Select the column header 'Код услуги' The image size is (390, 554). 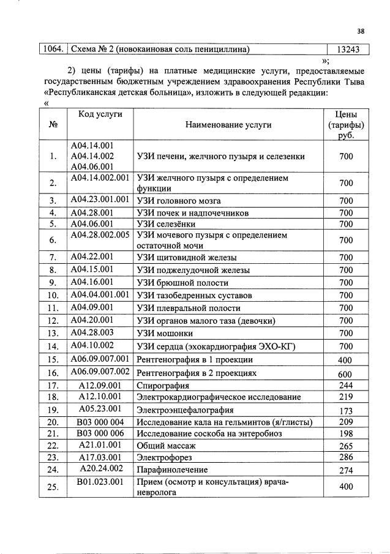pyautogui.click(x=100, y=114)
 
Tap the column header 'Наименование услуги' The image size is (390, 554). pyautogui.click(x=230, y=125)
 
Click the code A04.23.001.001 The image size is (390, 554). pyautogui.click(x=100, y=200)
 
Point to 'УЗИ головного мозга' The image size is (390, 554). pyautogui.click(x=179, y=201)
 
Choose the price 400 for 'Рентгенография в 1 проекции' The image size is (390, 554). pyautogui.click(x=345, y=360)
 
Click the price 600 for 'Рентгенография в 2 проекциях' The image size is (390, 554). pyautogui.click(x=345, y=374)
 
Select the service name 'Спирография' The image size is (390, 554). pyautogui.click(x=163, y=386)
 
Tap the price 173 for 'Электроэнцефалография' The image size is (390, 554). pyautogui.click(x=345, y=410)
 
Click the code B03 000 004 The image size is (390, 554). pyautogui.click(x=100, y=422)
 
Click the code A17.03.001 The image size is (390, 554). pyautogui.click(x=100, y=457)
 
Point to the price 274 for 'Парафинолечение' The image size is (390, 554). pyautogui.click(x=345, y=471)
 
